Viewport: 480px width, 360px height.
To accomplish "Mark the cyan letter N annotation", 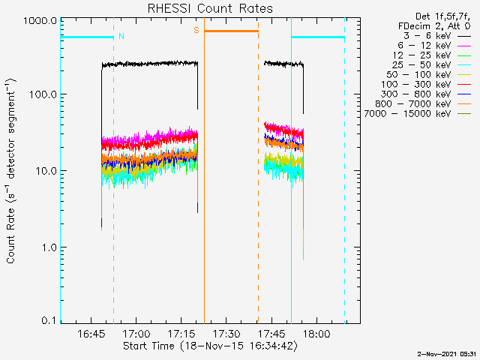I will (x=121, y=36).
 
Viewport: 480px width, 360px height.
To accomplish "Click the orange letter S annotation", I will (x=196, y=30).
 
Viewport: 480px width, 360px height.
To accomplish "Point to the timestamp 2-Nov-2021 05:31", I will (x=447, y=352).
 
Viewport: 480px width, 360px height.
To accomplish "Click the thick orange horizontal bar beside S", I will (x=231, y=31).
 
